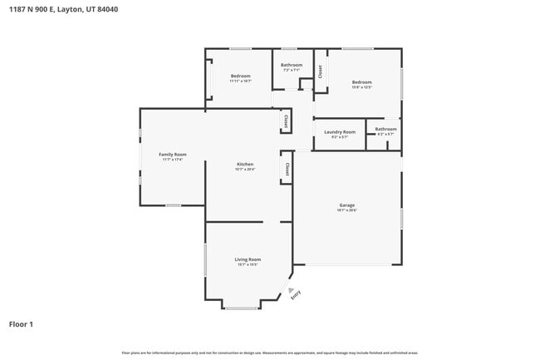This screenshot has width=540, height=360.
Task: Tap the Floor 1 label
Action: click(x=21, y=324)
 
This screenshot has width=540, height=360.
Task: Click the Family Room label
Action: click(x=173, y=154)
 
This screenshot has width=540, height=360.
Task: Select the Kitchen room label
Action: click(x=245, y=164)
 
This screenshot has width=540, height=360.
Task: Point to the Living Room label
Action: click(x=248, y=259)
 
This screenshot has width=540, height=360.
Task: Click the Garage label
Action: click(x=346, y=205)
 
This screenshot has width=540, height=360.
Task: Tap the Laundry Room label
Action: click(x=339, y=131)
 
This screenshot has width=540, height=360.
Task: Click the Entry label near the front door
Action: click(x=296, y=293)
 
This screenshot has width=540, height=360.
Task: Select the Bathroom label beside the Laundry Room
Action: click(x=385, y=129)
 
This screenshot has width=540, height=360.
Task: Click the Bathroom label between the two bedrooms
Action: click(x=292, y=65)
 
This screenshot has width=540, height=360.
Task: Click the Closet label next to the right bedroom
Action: click(x=321, y=72)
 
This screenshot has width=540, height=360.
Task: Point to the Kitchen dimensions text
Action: click(x=245, y=170)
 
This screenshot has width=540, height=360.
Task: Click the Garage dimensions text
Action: click(x=346, y=210)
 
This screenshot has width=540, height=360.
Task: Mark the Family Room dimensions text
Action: click(x=173, y=160)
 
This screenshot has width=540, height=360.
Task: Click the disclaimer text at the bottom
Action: click(x=270, y=353)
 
